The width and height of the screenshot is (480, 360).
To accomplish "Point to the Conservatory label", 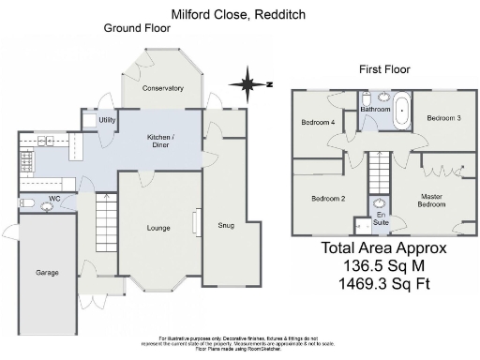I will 162,88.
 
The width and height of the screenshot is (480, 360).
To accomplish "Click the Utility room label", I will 107,120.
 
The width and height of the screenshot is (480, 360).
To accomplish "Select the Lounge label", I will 157,228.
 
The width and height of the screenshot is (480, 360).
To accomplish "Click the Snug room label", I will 226,224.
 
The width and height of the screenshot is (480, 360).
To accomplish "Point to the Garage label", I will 48,273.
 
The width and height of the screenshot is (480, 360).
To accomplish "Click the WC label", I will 55,198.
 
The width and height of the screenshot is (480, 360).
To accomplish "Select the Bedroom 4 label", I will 318,123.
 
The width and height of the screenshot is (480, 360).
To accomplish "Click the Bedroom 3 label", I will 443,118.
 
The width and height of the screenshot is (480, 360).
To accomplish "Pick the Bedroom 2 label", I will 329,199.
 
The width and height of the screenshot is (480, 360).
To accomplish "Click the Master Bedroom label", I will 431,201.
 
